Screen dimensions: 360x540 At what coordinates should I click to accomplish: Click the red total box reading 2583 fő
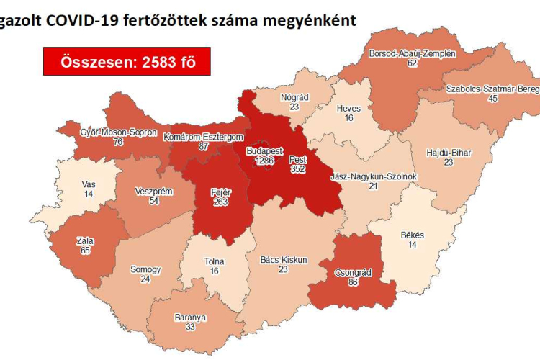pyautogui.click(x=127, y=62)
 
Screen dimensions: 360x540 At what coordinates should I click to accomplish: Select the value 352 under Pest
pyautogui.click(x=298, y=169)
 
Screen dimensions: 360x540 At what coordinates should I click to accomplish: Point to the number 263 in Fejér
pyautogui.click(x=221, y=202)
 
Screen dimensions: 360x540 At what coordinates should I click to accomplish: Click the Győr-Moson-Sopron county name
pyautogui.click(x=99, y=132)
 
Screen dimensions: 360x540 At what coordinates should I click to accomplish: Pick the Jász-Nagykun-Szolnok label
pyautogui.click(x=373, y=177)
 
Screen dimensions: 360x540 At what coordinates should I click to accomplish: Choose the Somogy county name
pyautogui.click(x=145, y=269)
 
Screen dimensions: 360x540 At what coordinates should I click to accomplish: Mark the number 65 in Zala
pyautogui.click(x=85, y=252)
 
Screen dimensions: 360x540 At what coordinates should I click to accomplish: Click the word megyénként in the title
pyautogui.click(x=311, y=20)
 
